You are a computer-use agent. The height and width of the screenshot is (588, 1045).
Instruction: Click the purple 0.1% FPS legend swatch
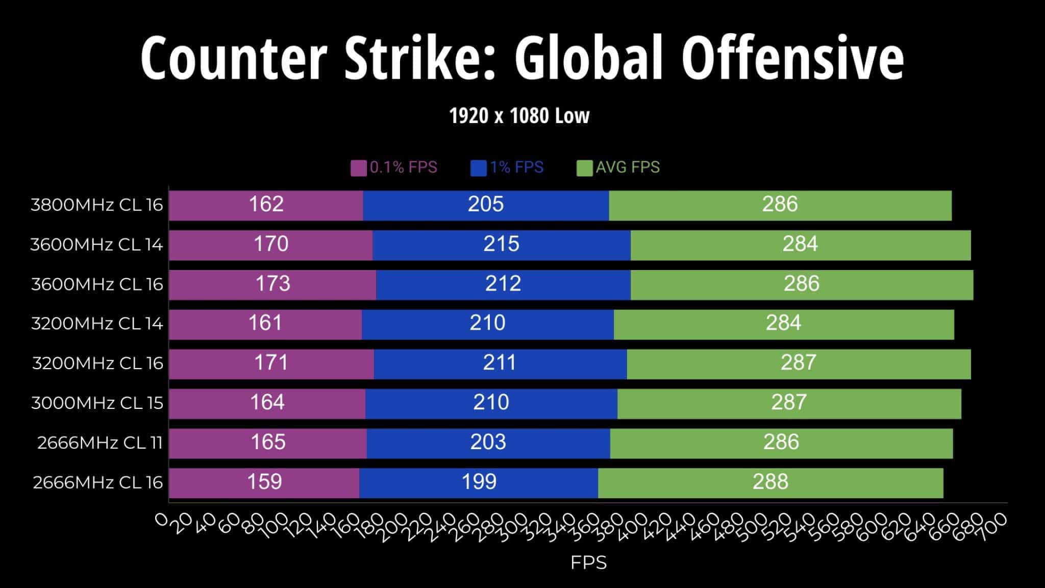coord(358,168)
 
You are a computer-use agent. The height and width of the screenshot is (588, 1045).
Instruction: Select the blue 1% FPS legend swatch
coord(478,168)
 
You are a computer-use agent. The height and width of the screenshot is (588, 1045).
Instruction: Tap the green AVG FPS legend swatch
coord(584,168)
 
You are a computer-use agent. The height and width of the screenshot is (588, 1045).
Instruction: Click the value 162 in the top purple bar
coord(266,205)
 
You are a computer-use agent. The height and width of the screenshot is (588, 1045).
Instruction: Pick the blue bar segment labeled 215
coord(501,244)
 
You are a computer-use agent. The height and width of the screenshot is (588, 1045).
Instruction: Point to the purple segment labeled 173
coord(272,284)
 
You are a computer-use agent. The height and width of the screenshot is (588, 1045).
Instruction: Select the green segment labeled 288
coord(770,482)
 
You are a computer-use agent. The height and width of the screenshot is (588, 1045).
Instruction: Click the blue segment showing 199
coord(479,482)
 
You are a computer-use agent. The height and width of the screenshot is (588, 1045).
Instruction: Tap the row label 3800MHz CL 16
coord(97,205)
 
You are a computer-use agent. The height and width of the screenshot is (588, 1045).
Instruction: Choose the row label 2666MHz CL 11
coord(100,443)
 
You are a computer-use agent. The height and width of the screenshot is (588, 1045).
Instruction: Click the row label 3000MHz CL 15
coord(97,403)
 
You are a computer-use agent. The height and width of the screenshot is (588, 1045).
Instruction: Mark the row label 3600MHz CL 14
coord(96,245)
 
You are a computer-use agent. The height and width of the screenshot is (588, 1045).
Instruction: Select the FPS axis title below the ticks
coord(588,563)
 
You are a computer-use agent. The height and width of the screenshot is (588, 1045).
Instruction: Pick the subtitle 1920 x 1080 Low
coord(519,116)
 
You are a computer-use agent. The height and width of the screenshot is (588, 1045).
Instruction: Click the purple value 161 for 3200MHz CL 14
coord(265,324)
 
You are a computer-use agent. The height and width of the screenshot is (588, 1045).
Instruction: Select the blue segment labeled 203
coord(488,443)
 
